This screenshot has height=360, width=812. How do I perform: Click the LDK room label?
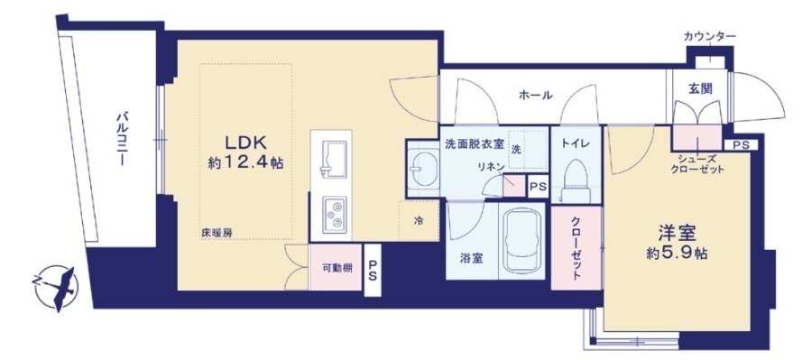pyautogui.click(x=245, y=143)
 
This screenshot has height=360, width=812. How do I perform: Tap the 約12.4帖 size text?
pyautogui.click(x=245, y=163)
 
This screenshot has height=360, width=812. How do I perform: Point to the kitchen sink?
pyautogui.click(x=332, y=159)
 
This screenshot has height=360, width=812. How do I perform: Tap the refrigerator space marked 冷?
pyautogui.click(x=419, y=221)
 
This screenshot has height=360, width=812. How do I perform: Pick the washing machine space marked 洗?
pyautogui.click(x=527, y=150)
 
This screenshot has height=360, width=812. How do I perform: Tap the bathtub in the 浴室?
pyautogui.click(x=522, y=241)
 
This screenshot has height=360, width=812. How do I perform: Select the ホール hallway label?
pyautogui.click(x=535, y=96)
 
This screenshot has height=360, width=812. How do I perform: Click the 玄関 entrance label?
pyautogui.click(x=699, y=88)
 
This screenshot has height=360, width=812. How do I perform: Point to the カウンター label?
pyautogui.click(x=709, y=36)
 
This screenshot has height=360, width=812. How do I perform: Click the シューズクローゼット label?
pyautogui.click(x=697, y=164)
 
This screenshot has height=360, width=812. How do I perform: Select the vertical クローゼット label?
pyautogui.click(x=576, y=247)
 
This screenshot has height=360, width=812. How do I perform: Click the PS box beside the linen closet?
pyautogui.click(x=538, y=187)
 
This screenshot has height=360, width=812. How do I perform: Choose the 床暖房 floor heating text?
pyautogui.click(x=217, y=233)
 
